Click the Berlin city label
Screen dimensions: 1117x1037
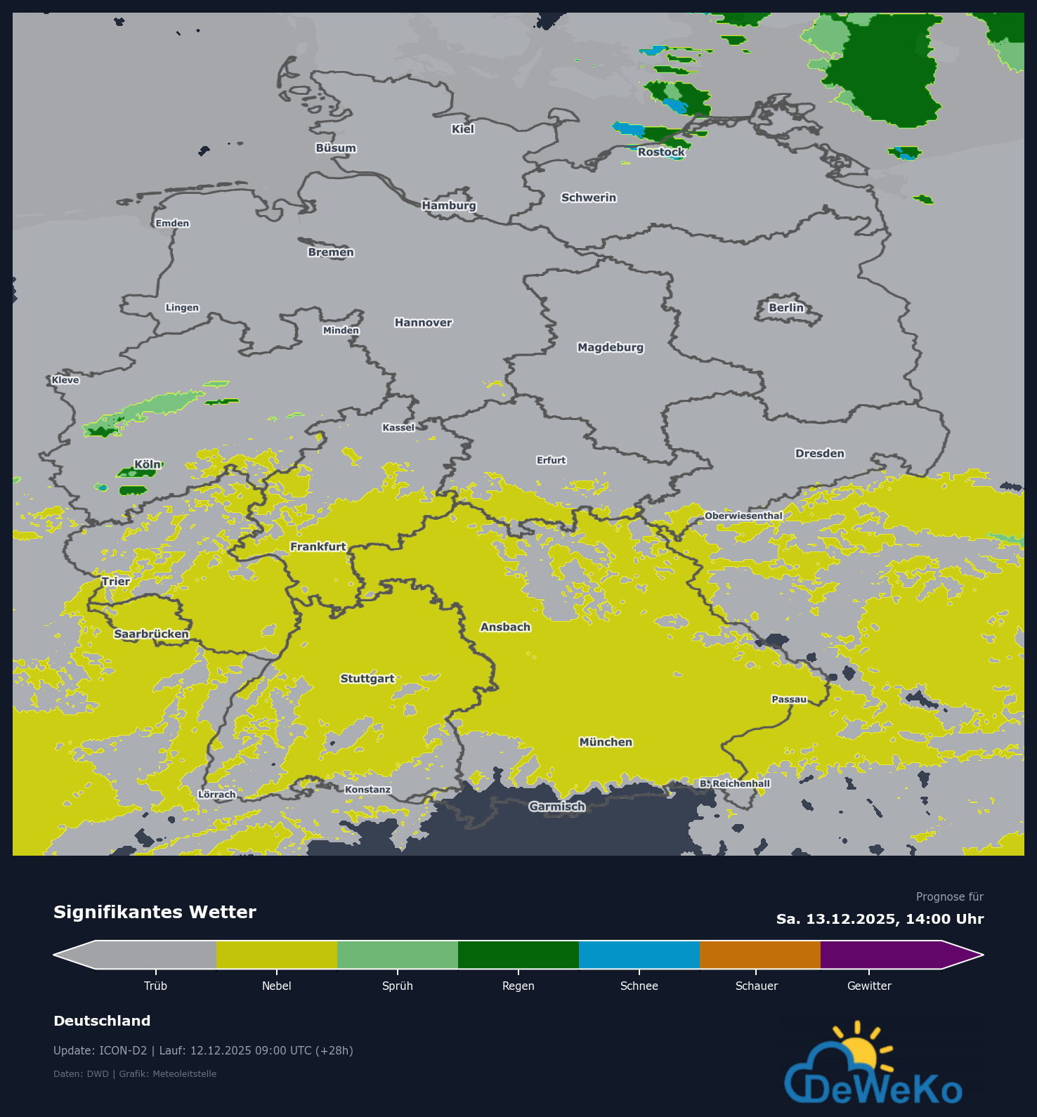[x=785, y=308]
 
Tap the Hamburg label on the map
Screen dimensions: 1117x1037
[x=449, y=206]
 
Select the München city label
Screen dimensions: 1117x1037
[x=606, y=742]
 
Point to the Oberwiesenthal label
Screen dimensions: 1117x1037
[x=743, y=516]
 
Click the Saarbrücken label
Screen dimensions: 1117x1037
[x=151, y=634]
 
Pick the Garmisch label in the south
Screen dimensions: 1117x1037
[x=557, y=806]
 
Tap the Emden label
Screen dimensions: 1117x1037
[x=172, y=223]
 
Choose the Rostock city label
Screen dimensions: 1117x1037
[x=661, y=152]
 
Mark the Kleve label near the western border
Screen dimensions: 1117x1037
[x=65, y=380]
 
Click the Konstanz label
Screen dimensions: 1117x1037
[x=367, y=790]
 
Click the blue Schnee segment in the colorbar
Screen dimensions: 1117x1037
[x=639, y=955]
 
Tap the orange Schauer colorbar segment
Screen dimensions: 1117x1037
[x=759, y=955]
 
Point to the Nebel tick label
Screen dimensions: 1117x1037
[x=276, y=986]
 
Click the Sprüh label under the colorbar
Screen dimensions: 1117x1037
[x=397, y=986]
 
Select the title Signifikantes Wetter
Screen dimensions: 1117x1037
[x=155, y=912]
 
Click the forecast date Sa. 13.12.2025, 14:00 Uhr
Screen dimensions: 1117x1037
[x=880, y=919]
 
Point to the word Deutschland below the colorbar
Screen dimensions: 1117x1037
[x=102, y=1021]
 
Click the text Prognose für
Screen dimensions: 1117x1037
[x=949, y=897]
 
